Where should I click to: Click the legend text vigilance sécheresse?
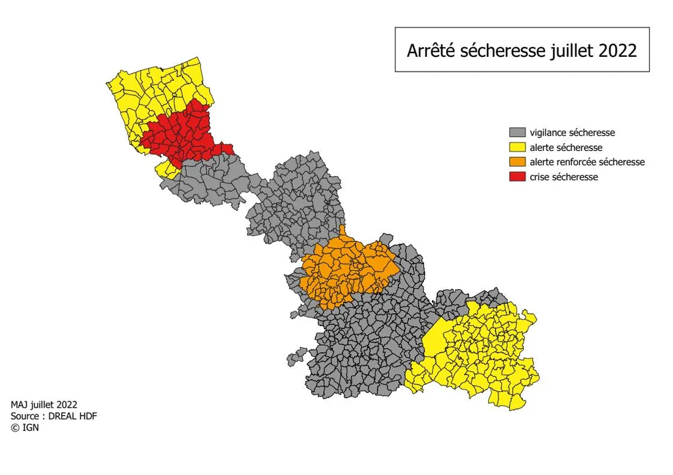tap(572, 133)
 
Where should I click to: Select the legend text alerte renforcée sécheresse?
tap(587, 162)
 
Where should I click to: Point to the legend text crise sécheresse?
tap(563, 177)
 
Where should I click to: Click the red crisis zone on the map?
tap(184, 131)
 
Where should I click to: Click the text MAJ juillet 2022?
tap(44, 405)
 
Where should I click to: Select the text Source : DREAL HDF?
tap(54, 416)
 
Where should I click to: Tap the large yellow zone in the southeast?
tap(483, 355)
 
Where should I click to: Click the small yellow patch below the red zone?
tap(165, 169)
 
